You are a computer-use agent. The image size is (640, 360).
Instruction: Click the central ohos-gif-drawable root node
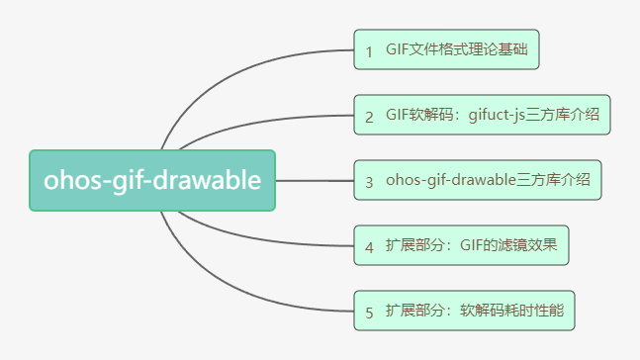[x=151, y=180]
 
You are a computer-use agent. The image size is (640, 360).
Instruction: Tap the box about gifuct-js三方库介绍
[x=483, y=115]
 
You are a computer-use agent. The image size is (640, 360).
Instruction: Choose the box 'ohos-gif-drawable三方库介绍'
[x=477, y=180]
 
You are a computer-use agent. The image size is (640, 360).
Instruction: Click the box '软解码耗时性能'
[x=464, y=311]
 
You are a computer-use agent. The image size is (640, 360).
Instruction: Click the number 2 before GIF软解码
[x=369, y=116]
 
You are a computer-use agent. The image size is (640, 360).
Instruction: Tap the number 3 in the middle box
[x=369, y=181]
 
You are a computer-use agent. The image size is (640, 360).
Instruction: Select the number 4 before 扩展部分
[x=369, y=246]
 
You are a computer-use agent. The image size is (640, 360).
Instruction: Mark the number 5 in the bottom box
[x=369, y=312]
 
